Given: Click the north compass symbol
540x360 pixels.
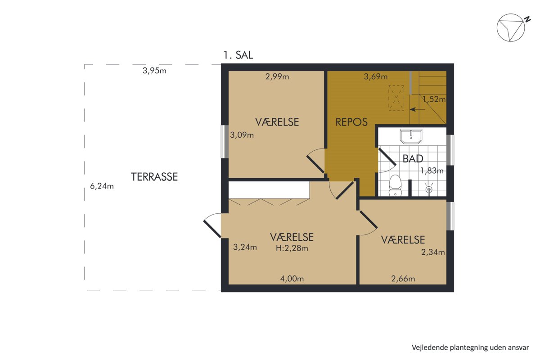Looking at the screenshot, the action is tap(511, 28).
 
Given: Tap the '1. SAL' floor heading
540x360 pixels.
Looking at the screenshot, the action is tap(238, 55).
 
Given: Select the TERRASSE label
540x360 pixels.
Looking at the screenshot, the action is tap(154, 177).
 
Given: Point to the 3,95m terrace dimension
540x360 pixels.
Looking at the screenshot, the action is tap(154, 71).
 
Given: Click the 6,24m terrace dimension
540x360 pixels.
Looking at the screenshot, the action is tap(102, 186).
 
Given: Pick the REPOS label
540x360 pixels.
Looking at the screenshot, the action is tap(351, 122).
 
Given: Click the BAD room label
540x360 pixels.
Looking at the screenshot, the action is tap(413, 159).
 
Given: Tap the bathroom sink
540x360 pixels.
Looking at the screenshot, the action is tap(411, 136).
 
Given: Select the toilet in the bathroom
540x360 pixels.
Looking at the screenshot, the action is tap(395, 185).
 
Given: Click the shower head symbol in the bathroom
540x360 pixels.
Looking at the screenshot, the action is tap(428, 188).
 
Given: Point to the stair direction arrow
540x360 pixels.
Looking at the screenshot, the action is tap(418, 109).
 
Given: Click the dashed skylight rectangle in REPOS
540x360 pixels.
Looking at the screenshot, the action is tap(396, 98).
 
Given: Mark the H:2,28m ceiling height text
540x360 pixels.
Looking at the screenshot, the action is tap(292, 248).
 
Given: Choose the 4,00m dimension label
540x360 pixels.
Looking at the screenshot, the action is tap(292, 279).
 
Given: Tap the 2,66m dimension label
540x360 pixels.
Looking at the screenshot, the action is tap(403, 279).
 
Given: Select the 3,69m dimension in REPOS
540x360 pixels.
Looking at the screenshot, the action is tap(376, 76).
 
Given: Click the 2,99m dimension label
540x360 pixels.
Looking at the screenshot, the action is tap(277, 76).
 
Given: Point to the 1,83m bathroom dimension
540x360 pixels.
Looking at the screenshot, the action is tap(432, 171).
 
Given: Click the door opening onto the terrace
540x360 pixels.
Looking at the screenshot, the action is tap(212, 226).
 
